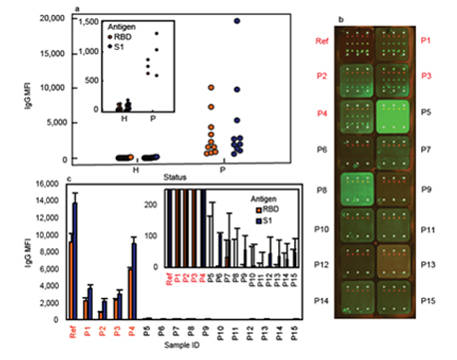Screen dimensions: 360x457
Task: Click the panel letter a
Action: pyautogui.click(x=78, y=9)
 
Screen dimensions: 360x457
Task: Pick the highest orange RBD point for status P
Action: pyautogui.click(x=211, y=88)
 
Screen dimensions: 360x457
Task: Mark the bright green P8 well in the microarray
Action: pyautogui.click(x=356, y=187)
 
